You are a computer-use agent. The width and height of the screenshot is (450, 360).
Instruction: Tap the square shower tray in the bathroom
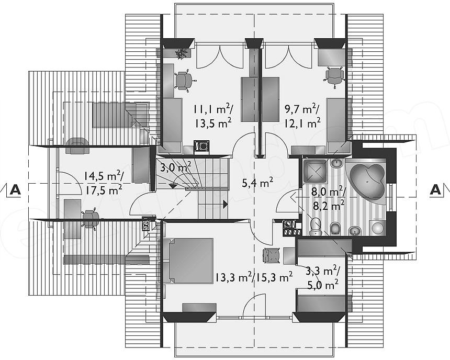pyautogui.click(x=315, y=171)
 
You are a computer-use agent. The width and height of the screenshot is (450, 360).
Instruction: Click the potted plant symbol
pyautogui.click(x=181, y=54)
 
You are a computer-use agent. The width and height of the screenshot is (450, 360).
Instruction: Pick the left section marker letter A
pyautogui.click(x=15, y=190)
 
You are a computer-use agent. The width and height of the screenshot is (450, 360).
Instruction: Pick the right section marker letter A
pyautogui.click(x=435, y=189)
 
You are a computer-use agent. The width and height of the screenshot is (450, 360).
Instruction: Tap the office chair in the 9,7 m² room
pyautogui.click(x=335, y=75)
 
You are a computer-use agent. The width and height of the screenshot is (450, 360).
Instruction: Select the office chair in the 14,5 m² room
pyautogui.click(x=90, y=219)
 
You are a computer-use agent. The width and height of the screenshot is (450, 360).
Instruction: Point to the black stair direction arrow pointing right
pyautogui.click(x=226, y=205)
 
